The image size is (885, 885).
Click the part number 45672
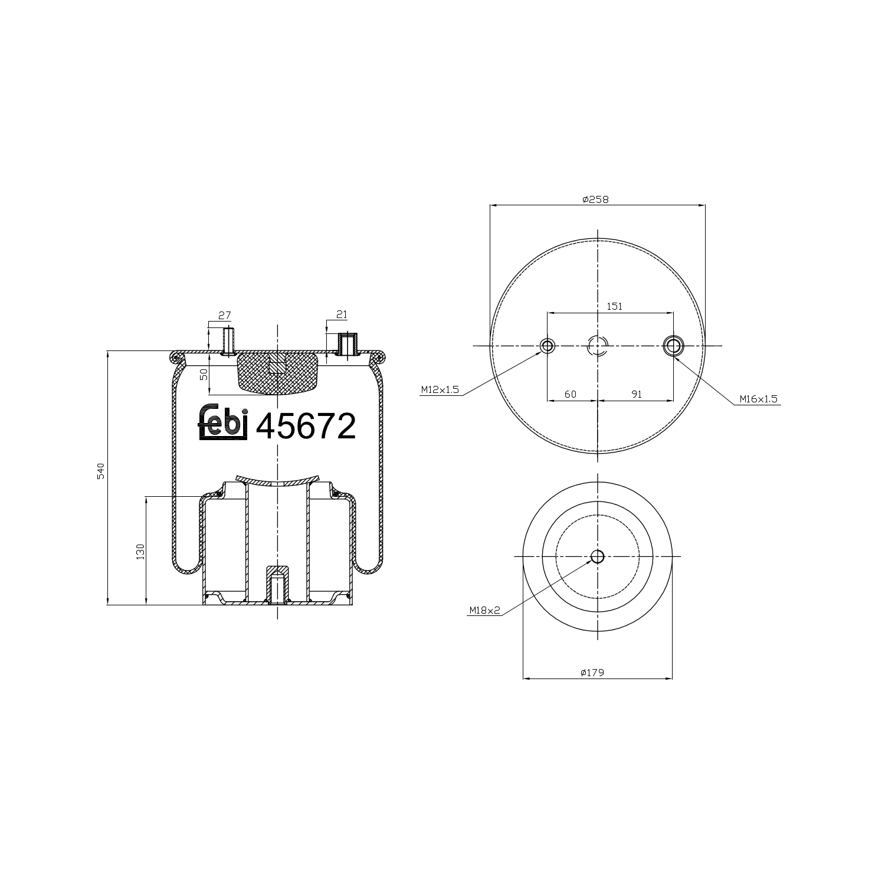306,426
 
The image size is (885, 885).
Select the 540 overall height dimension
101,471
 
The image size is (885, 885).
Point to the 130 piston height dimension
140,551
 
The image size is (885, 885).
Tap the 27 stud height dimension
224,316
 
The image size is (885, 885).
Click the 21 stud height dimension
341,315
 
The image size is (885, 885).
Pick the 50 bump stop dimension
204,374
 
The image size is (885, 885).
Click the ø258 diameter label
595,199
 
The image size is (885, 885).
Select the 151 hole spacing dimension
615,306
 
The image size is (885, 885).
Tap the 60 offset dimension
570,394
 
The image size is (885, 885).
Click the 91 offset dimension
636,394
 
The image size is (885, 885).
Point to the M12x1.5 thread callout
440,390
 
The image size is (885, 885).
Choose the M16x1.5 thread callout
759,399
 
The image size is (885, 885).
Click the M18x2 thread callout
484,611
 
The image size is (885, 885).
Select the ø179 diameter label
592,672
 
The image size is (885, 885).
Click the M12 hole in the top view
548,346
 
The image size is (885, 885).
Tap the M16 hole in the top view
673,346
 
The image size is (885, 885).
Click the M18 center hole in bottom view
598,556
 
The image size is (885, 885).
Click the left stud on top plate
227,341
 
